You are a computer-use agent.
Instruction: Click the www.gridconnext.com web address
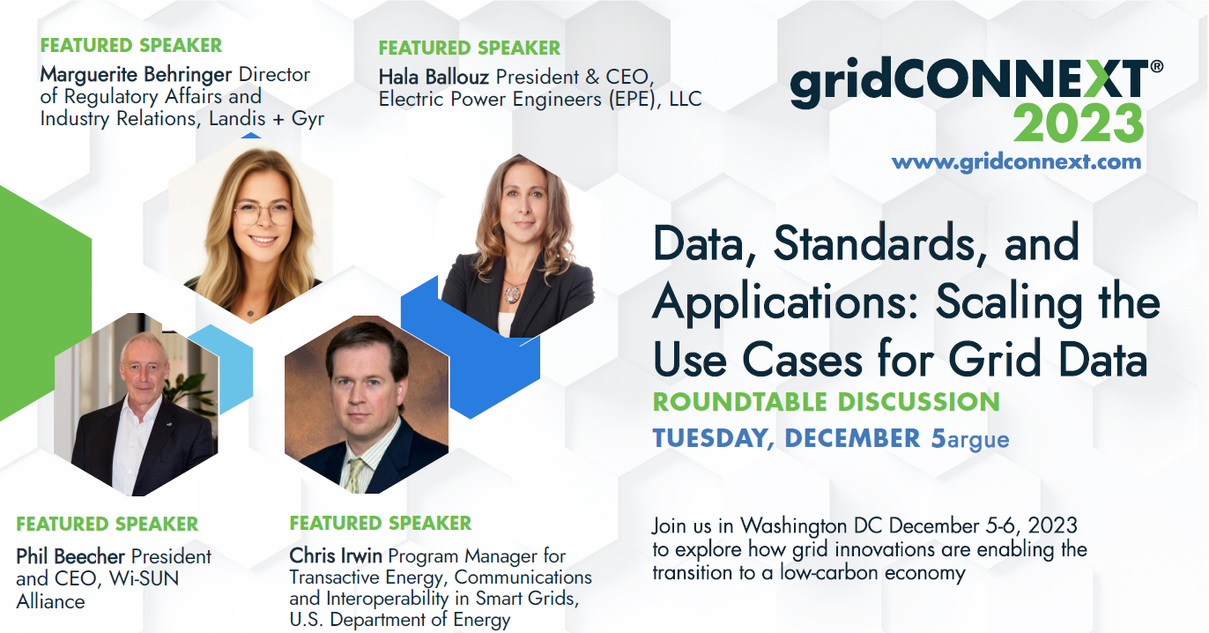1016,162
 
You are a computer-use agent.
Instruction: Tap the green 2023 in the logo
1078,123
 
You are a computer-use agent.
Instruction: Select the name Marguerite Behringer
136,75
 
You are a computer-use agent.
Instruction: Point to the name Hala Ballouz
434,78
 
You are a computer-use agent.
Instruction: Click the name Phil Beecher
70,556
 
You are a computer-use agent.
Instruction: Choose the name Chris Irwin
335,555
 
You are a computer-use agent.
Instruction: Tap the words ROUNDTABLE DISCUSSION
827,402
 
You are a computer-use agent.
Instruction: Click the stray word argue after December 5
978,440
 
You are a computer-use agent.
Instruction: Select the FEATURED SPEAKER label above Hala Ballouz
469,48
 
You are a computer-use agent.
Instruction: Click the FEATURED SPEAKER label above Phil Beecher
107,525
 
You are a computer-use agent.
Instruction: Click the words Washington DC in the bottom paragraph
812,525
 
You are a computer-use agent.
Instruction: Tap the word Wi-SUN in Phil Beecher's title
144,578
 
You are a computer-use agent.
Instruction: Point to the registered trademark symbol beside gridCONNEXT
1157,67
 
